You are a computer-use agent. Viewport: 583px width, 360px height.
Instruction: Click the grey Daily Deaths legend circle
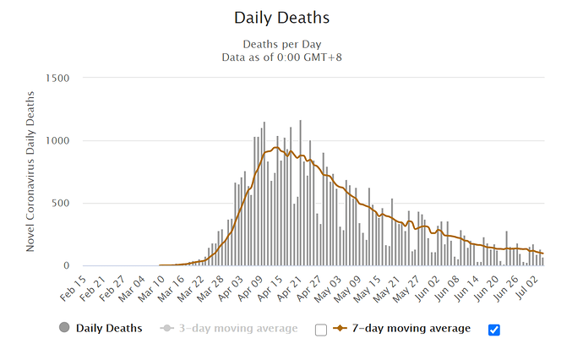pyautogui.click(x=64, y=328)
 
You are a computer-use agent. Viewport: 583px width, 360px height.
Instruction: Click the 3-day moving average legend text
pyautogui.click(x=237, y=328)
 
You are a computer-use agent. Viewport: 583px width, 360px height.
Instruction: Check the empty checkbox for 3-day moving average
pyautogui.click(x=320, y=330)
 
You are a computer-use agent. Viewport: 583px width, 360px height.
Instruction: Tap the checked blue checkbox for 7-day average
pyautogui.click(x=494, y=330)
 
